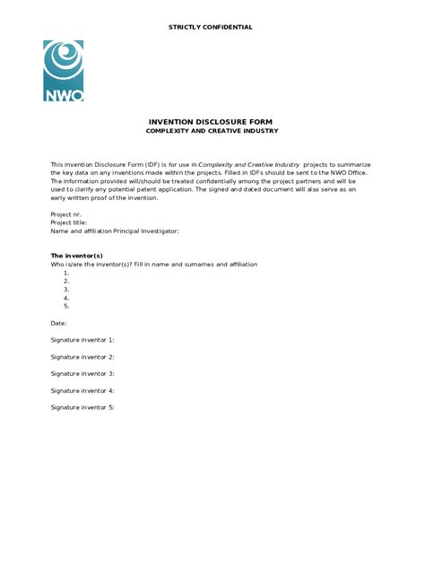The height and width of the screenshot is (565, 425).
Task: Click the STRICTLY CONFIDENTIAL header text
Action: point(211,28)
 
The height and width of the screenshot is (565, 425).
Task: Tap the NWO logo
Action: point(63,71)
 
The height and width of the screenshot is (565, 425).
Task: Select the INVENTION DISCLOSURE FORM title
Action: point(212,121)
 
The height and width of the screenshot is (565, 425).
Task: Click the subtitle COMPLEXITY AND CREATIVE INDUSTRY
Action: point(212,131)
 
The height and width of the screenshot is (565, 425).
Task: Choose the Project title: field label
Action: point(69,222)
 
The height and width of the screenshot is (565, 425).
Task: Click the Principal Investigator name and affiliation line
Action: point(115,230)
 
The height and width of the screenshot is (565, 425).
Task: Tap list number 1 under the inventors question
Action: point(66,273)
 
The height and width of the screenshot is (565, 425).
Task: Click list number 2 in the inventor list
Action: point(66,281)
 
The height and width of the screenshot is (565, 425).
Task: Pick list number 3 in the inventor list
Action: point(66,289)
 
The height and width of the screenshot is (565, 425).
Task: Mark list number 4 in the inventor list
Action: point(66,298)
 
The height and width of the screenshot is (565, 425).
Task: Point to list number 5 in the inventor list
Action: point(66,306)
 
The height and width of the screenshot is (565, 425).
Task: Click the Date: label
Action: point(58,323)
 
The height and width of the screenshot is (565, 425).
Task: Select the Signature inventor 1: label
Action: point(82,340)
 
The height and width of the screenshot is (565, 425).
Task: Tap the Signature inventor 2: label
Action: point(82,357)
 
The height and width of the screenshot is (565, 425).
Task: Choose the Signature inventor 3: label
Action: point(82,373)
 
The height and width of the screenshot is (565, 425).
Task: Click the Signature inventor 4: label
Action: point(82,390)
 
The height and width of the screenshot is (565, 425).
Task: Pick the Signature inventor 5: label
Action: point(82,407)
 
